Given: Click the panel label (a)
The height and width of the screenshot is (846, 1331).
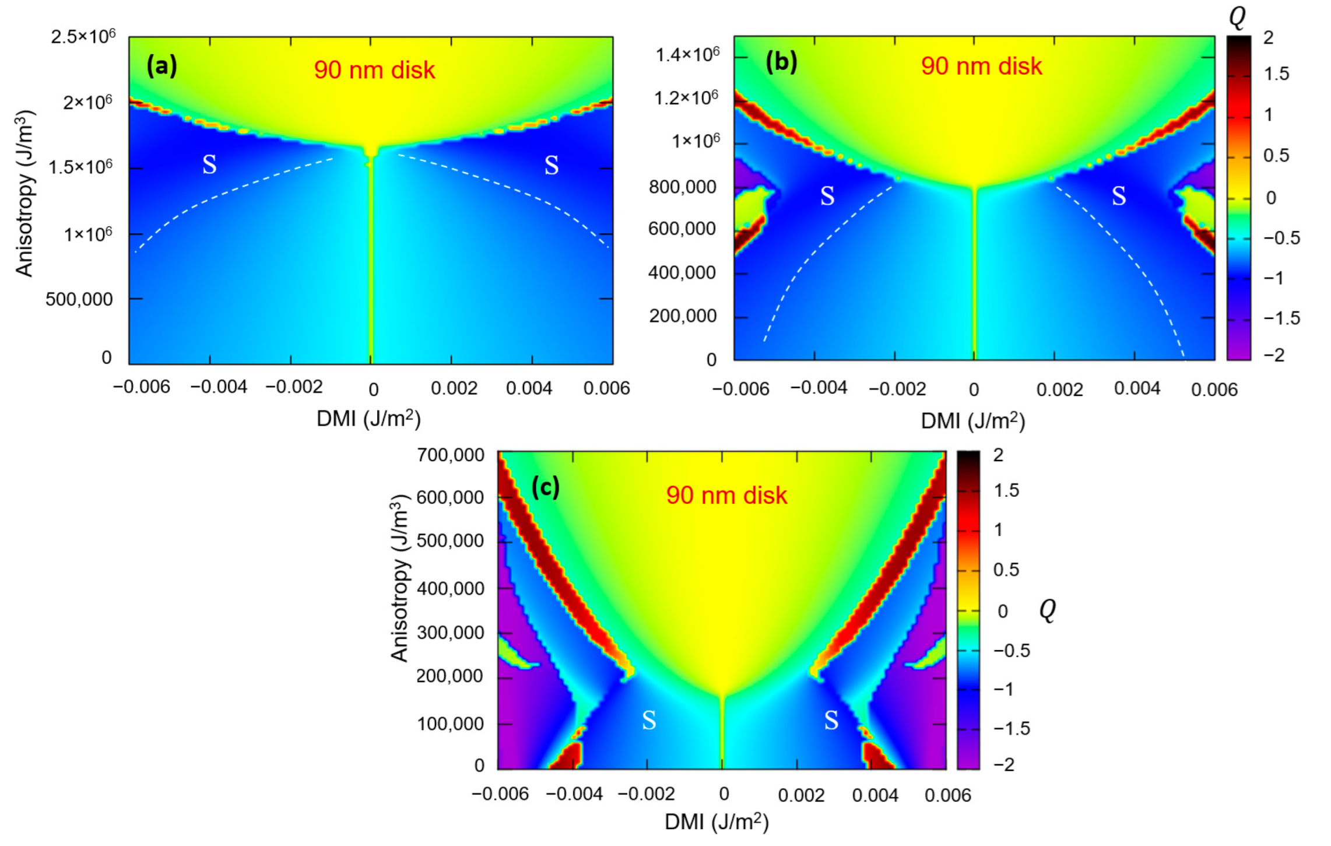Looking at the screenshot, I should click(x=161, y=65).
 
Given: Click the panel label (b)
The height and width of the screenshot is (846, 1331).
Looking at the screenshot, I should click(x=781, y=61).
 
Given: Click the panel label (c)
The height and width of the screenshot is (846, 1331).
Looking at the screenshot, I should click(x=545, y=487).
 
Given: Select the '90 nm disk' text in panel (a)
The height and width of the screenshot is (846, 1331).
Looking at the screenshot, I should click(x=374, y=70).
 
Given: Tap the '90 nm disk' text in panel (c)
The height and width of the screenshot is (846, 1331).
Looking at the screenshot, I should click(x=726, y=496).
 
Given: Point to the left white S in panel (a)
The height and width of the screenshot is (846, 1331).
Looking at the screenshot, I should click(x=209, y=165).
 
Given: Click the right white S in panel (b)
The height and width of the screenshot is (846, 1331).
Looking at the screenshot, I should click(x=1119, y=196).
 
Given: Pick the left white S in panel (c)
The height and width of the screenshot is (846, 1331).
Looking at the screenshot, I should click(x=649, y=721).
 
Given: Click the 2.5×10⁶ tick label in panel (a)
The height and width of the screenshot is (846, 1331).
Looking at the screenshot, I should click(x=83, y=37).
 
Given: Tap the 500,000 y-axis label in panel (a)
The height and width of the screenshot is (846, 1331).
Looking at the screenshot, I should click(x=79, y=299).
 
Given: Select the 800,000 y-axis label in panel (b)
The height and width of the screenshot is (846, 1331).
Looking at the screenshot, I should click(x=682, y=187).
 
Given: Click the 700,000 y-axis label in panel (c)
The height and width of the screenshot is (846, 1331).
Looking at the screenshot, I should click(x=450, y=455).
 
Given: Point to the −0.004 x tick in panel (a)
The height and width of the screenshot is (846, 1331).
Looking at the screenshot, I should click(x=219, y=387).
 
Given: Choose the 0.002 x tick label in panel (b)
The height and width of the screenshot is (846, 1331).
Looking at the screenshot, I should click(x=1059, y=389).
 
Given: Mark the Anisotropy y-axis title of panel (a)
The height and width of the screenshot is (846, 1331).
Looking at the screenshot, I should click(x=24, y=192).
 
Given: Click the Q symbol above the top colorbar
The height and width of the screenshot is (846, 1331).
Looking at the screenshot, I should click(x=1237, y=17).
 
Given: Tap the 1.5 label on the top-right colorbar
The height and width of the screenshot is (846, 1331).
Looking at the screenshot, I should click(x=1276, y=74).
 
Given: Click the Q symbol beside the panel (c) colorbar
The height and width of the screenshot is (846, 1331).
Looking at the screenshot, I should click(x=1048, y=610).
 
